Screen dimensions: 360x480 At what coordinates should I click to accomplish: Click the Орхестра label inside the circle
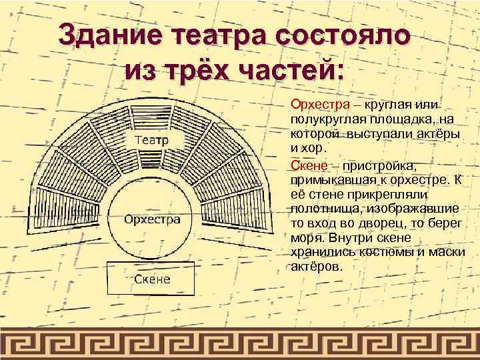[x=153, y=219]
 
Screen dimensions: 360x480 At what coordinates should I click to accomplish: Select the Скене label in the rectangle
[x=152, y=279]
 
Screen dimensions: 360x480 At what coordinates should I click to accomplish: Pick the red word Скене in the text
[x=307, y=165]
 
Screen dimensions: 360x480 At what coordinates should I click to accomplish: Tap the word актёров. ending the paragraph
[x=317, y=266]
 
